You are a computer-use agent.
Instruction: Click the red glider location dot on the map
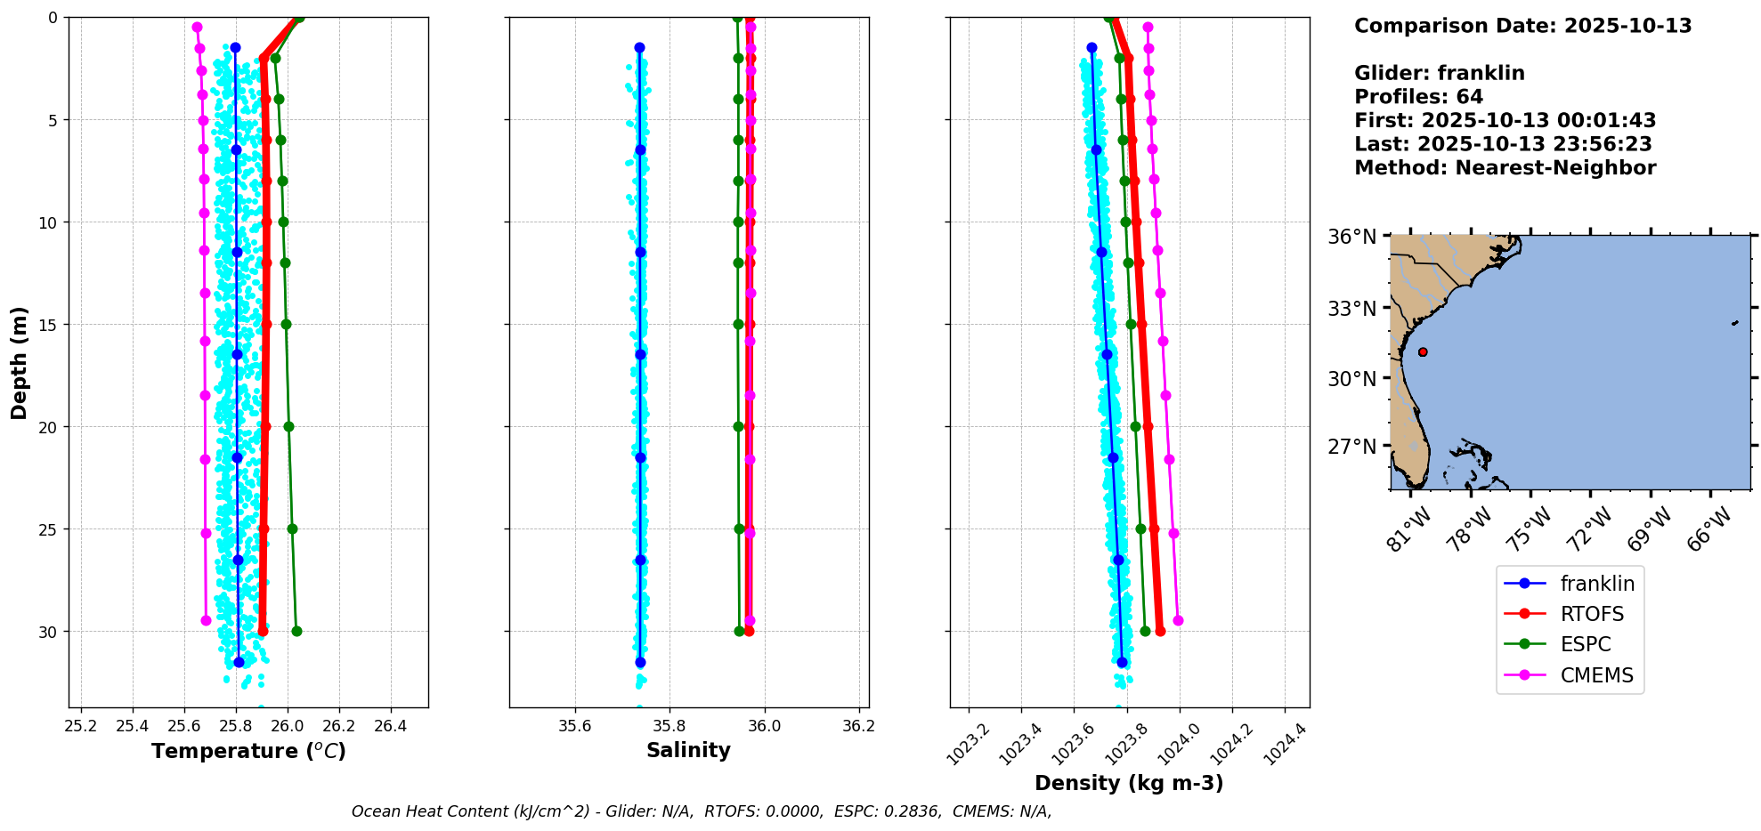[x=1423, y=352]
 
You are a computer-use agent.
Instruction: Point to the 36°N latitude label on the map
[x=1351, y=237]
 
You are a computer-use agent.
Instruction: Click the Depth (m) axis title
[x=20, y=363]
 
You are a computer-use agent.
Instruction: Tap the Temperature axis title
[x=248, y=751]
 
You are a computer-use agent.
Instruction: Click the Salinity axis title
[x=688, y=750]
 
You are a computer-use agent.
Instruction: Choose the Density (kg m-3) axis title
[x=1129, y=783]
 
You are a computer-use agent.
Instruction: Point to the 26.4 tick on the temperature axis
[x=390, y=726]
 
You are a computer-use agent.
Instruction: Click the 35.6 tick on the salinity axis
[x=574, y=726]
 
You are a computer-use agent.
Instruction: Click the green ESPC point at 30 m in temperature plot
[x=296, y=632]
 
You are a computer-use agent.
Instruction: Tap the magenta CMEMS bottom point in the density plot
[x=1178, y=620]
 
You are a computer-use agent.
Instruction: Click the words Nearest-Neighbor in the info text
[x=1555, y=168]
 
